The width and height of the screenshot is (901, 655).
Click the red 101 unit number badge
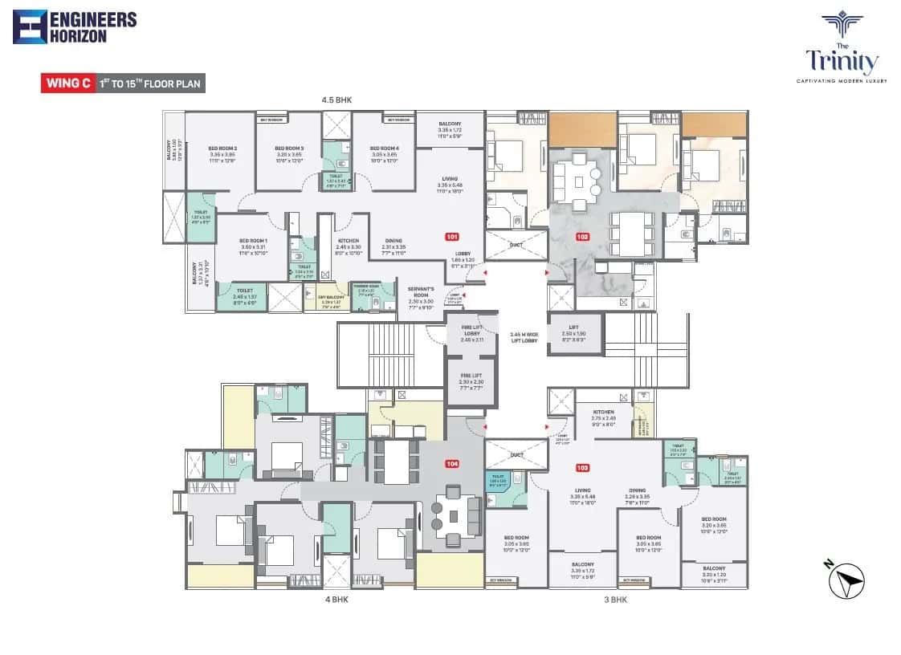pos(452,237)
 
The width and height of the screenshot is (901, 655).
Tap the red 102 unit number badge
pos(583,237)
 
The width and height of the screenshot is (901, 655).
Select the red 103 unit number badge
pos(583,468)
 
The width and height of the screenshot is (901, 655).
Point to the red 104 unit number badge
pos(452,464)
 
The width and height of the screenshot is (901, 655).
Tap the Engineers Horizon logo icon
pos(30,26)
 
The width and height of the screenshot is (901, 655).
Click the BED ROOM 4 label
pos(384,148)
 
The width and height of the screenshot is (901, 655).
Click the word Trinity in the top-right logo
pos(842,62)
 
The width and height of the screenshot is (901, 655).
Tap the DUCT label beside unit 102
pos(517,245)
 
